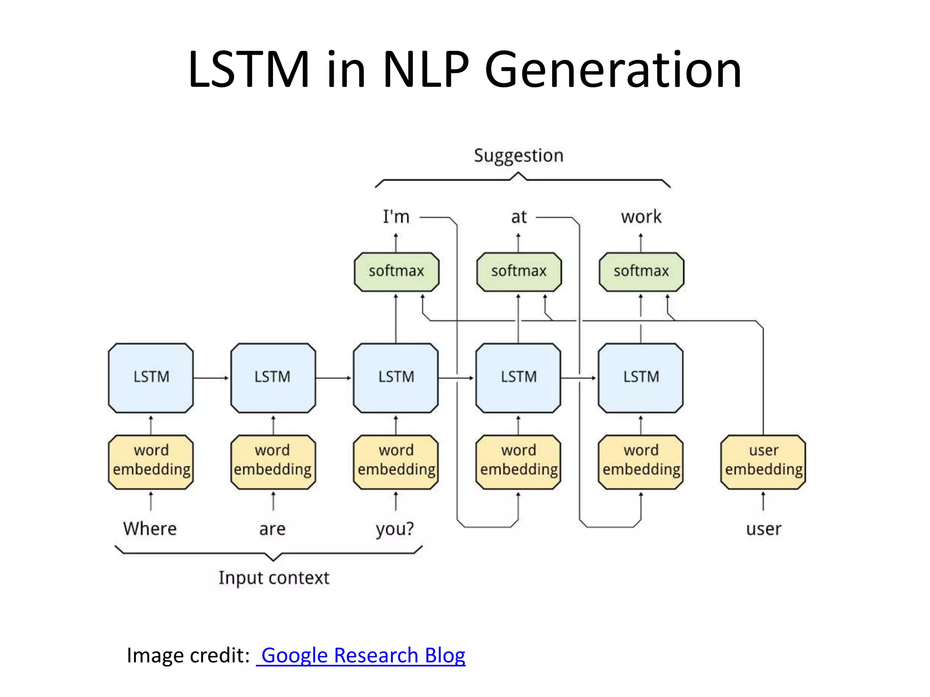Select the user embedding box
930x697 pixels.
coord(763,462)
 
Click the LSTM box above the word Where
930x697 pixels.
coord(151,378)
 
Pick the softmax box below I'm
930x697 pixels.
coord(396,271)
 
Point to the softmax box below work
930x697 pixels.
coord(641,271)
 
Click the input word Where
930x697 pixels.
coord(150,529)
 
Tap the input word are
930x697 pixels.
coord(272,529)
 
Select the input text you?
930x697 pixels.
coord(395,529)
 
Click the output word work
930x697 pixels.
coord(641,217)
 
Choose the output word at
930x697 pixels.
coord(519,217)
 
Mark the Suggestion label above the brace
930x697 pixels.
coord(519,156)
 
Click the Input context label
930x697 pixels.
coord(274,578)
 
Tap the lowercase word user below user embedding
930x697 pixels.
coord(763,529)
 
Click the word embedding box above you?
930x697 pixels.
coord(396,462)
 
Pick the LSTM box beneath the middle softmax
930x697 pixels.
coord(519,378)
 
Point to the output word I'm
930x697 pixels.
coord(396,217)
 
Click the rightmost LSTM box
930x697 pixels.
coord(641,378)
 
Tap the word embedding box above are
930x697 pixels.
coord(273,462)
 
